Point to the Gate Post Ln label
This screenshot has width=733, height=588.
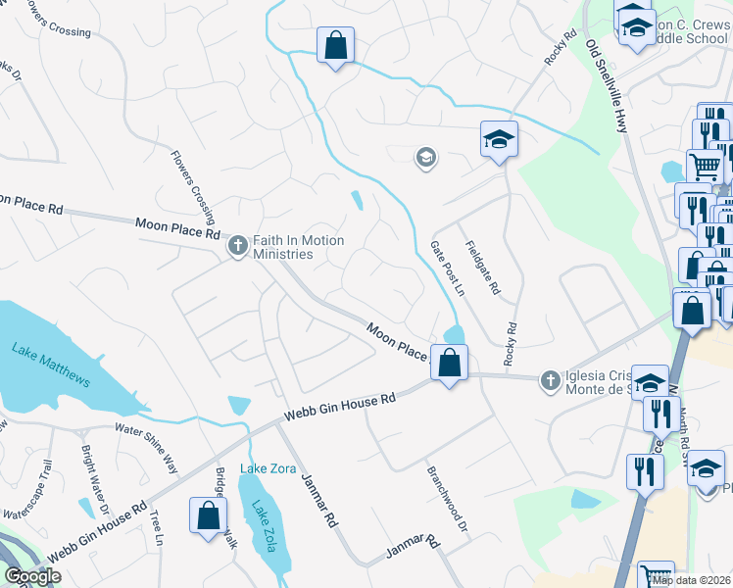click(446, 269)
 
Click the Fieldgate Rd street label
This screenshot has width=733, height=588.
click(482, 268)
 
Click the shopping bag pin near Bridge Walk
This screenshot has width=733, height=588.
click(209, 515)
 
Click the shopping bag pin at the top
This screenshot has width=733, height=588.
click(335, 44)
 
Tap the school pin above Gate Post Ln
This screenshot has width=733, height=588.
click(499, 139)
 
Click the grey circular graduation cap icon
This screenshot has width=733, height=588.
click(425, 157)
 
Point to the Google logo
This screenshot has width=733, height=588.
click(32, 576)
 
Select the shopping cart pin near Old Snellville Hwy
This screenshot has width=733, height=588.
click(705, 168)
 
